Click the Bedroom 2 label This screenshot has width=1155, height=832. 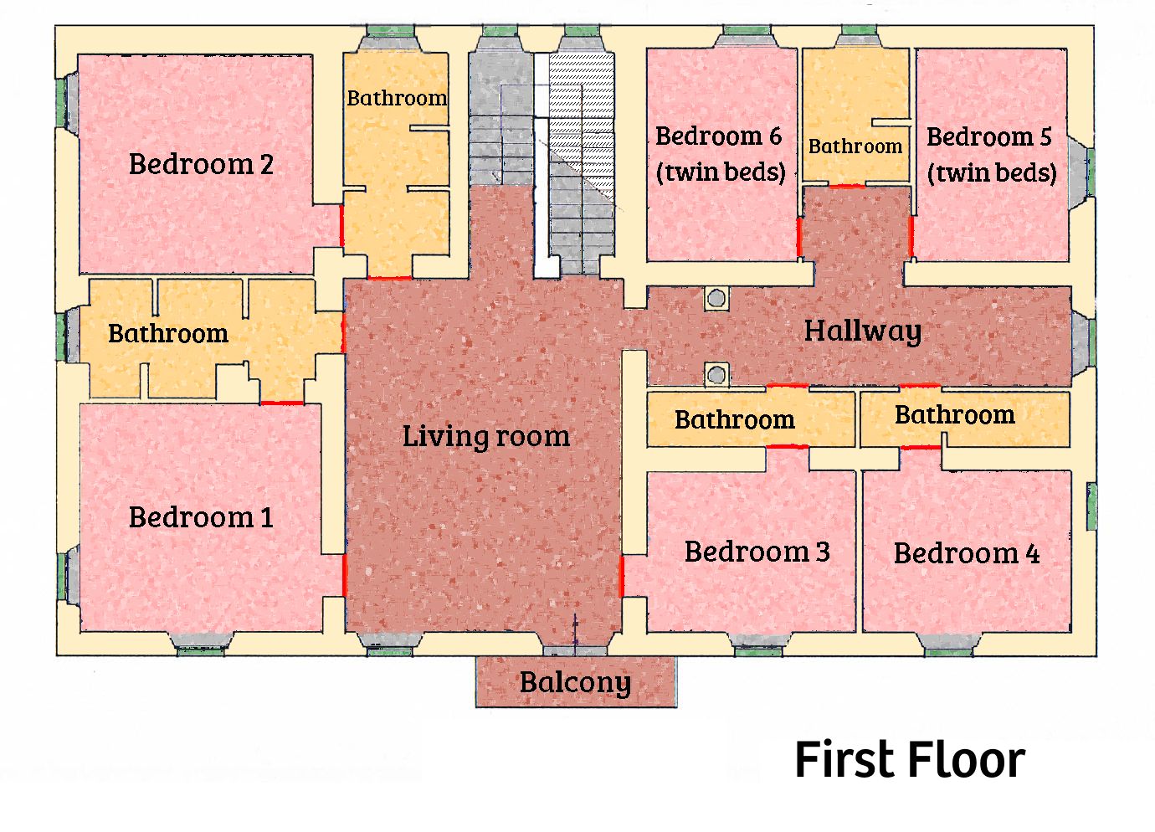click(201, 164)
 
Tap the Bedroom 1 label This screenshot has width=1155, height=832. click(201, 516)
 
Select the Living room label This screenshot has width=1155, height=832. click(485, 436)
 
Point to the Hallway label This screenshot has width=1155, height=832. click(863, 331)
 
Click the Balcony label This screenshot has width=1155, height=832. click(575, 682)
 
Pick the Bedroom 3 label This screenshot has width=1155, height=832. click(757, 552)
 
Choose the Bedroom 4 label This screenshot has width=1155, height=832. click(967, 553)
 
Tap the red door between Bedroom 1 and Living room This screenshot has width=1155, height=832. click(345, 576)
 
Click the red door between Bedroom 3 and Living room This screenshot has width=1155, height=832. click(621, 577)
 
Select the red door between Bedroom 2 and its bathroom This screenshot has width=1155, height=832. click(341, 225)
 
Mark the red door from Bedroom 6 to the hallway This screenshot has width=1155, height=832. click(799, 237)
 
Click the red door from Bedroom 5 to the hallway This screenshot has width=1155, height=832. click(911, 236)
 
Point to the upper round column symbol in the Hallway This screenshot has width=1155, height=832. click(716, 298)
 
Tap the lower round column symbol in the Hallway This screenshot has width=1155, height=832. click(716, 374)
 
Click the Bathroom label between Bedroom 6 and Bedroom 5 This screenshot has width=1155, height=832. click(855, 146)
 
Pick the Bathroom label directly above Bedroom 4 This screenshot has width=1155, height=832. click(954, 414)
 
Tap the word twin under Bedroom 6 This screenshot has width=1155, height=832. click(690, 172)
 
